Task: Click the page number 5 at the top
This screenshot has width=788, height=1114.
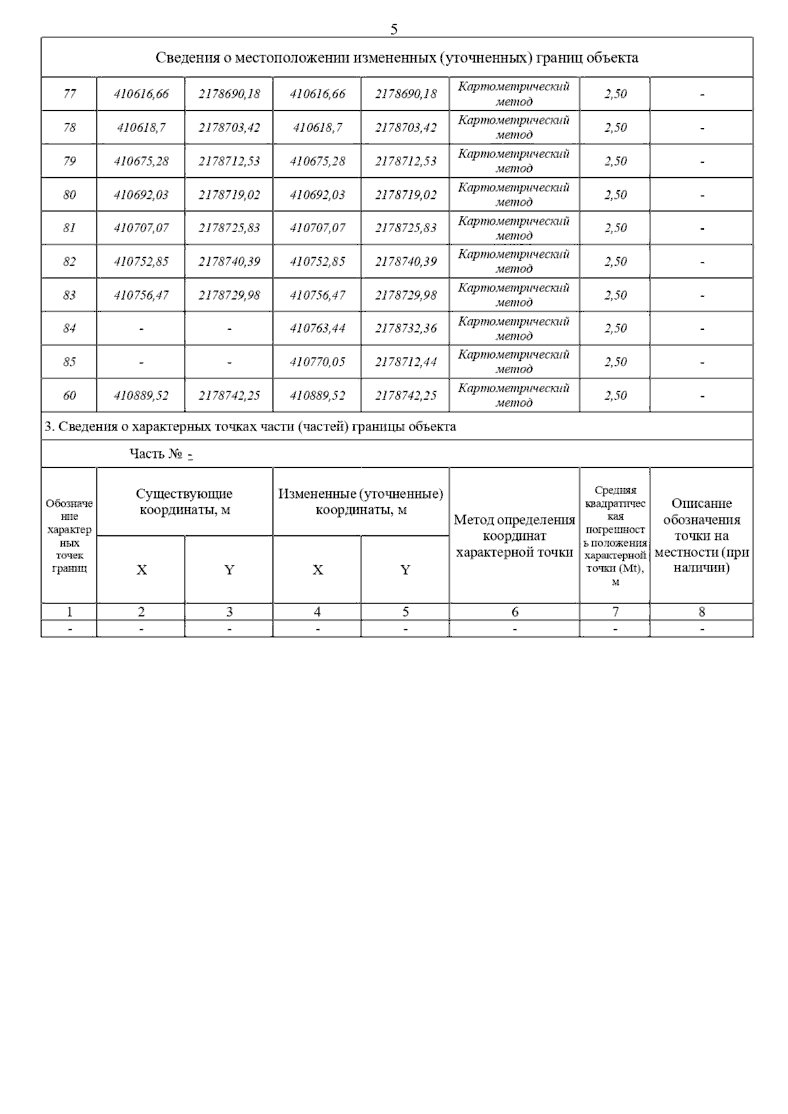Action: coord(394,30)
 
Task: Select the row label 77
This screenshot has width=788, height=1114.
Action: coord(70,94)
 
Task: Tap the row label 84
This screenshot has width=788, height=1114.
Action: coord(70,328)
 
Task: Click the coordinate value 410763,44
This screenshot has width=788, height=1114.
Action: coord(317,328)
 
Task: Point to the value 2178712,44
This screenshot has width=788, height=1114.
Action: coord(405,361)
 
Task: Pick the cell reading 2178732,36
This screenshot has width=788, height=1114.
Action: coord(405,328)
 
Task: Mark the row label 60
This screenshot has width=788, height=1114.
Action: coord(70,396)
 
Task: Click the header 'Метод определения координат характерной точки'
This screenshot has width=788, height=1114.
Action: coord(514,536)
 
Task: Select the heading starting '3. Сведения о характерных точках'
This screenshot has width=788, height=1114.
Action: coord(250,427)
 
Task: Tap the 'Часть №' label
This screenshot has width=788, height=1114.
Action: coord(156,454)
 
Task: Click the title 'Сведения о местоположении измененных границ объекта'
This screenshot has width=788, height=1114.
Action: coord(397,58)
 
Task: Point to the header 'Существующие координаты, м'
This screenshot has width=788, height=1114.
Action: coord(185,502)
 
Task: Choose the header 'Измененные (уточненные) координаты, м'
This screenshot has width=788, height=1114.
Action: coord(361,502)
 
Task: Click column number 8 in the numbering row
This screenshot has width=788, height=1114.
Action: coord(701,612)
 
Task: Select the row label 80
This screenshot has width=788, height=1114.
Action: coord(70,195)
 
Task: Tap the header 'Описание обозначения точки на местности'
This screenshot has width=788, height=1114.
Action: coord(701,535)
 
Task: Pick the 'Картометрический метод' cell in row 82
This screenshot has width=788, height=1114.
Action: coord(514,262)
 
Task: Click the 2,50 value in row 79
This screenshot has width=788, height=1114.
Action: coord(615,161)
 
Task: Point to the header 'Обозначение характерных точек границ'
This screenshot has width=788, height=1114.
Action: coord(70,536)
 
